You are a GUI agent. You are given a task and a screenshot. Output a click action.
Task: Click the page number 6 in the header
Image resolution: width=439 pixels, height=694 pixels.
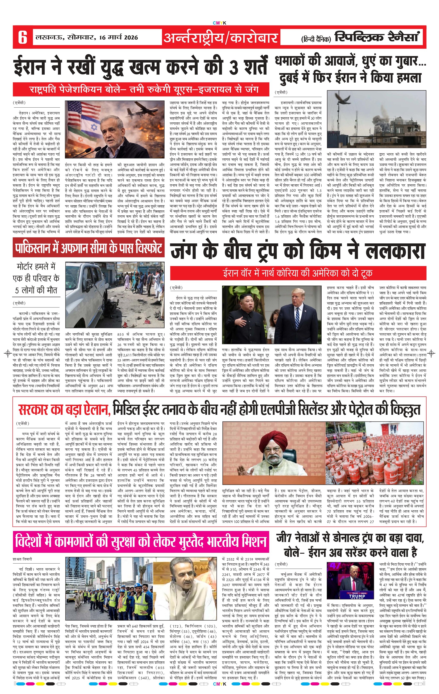(x=22, y=37)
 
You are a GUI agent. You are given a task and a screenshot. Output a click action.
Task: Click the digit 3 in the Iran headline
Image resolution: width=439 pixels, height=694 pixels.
(x=234, y=67)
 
